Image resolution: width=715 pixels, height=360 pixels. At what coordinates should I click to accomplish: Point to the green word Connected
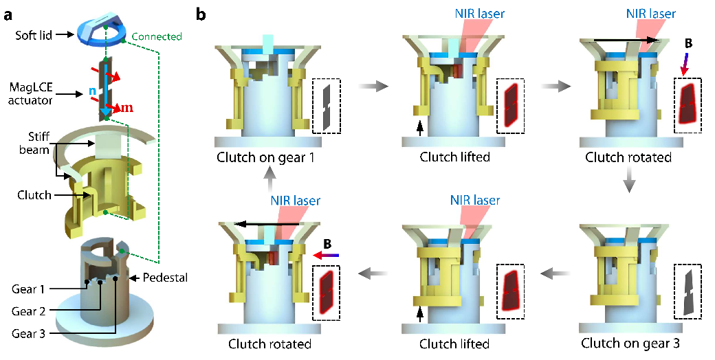click(x=156, y=36)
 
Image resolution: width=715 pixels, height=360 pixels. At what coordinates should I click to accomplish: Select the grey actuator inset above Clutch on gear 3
click(x=688, y=291)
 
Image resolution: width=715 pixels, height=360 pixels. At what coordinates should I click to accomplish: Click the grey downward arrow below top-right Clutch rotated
click(x=628, y=182)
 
